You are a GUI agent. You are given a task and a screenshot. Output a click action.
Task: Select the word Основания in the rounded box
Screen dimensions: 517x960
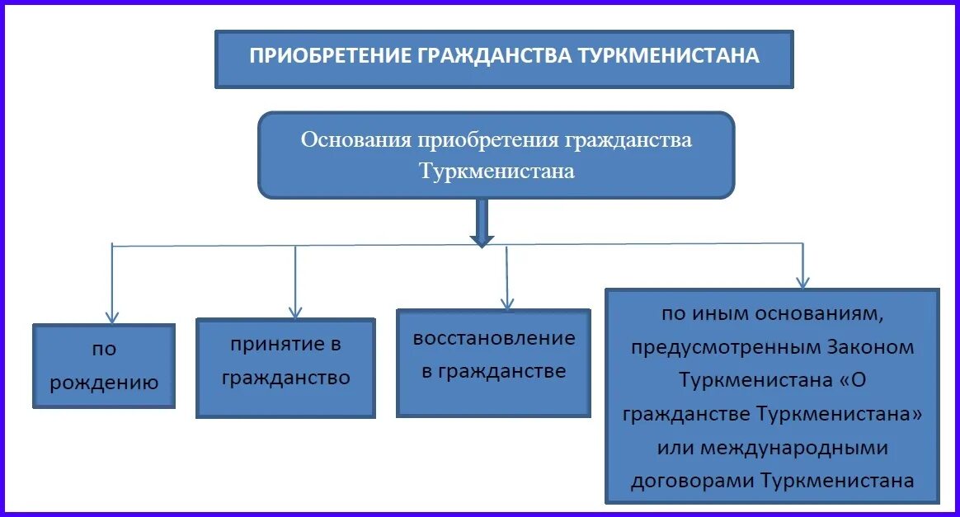(356, 139)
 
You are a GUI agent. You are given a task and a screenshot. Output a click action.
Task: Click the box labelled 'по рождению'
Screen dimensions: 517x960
(104, 365)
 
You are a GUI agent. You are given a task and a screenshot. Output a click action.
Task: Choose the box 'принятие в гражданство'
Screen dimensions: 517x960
(285, 367)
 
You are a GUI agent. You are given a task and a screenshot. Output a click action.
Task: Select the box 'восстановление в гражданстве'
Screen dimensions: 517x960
(493, 362)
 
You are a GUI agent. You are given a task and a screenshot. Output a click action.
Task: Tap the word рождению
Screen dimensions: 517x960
(104, 382)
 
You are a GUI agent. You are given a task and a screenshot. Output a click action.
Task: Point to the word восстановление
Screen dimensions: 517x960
(494, 338)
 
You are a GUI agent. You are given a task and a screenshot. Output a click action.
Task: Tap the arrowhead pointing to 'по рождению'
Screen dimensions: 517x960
(112, 316)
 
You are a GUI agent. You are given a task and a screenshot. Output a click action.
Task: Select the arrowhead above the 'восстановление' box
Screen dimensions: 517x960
(508, 302)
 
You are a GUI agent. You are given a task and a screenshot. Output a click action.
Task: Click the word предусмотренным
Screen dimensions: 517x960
(723, 347)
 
